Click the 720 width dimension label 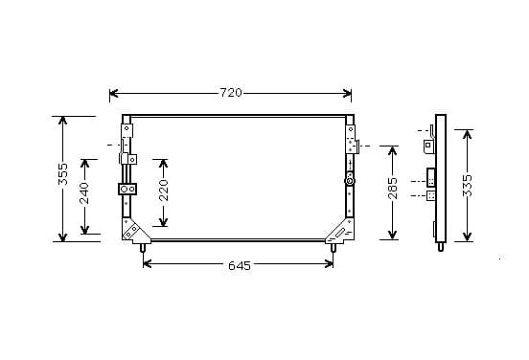(x=231, y=93)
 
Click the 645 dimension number (x=240, y=266)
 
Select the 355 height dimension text (x=62, y=174)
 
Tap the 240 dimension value (x=84, y=193)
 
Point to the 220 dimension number (x=163, y=191)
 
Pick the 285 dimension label (x=393, y=188)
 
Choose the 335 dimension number (x=468, y=185)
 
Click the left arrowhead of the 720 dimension (x=114, y=94)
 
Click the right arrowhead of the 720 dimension (x=347, y=94)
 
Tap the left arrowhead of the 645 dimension (x=147, y=264)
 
